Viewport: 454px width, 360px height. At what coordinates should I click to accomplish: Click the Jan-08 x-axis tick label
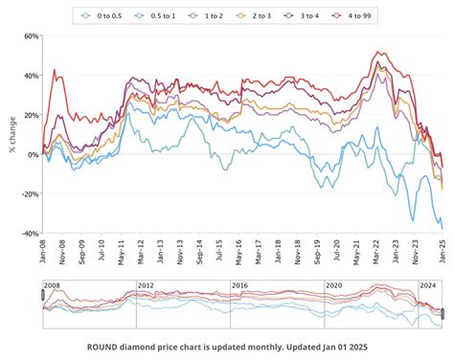click(x=44, y=251)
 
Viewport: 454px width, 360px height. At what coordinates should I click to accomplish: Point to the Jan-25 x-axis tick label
click(x=443, y=251)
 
